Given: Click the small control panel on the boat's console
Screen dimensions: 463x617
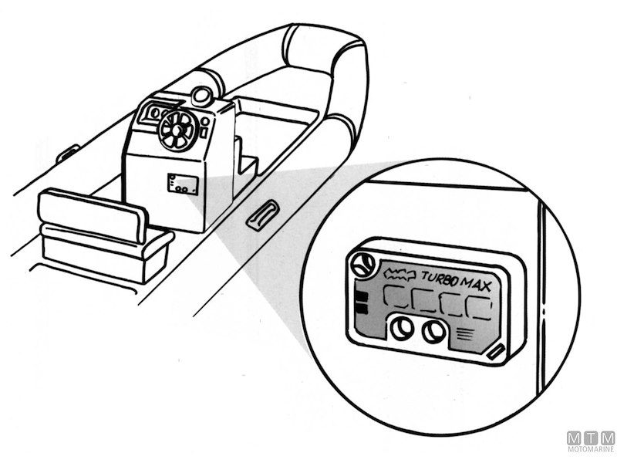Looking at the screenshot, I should (182, 184).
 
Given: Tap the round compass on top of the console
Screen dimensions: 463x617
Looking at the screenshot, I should (201, 96).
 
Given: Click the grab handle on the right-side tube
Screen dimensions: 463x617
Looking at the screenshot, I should (261, 214).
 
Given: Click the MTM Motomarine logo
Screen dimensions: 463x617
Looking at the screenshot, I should (591, 442).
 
